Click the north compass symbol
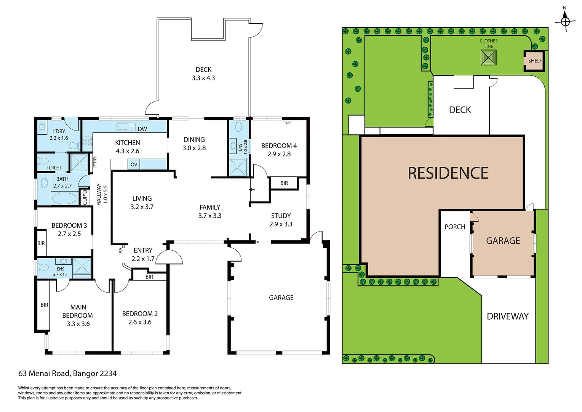(565, 21)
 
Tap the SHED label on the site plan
(534, 61)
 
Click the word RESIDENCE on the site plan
(448, 173)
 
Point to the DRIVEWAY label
(507, 316)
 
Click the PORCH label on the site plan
(455, 227)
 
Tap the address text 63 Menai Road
(67, 373)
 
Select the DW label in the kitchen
(142, 129)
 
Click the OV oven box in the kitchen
(134, 164)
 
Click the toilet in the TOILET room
(43, 161)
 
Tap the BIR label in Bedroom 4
(284, 183)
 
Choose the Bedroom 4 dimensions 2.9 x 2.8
(279, 154)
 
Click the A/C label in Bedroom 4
(288, 123)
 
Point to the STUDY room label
(281, 216)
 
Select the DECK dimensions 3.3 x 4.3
(203, 78)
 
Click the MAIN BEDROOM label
(78, 311)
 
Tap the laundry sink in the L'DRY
(42, 127)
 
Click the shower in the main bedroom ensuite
(82, 266)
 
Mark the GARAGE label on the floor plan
(281, 298)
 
